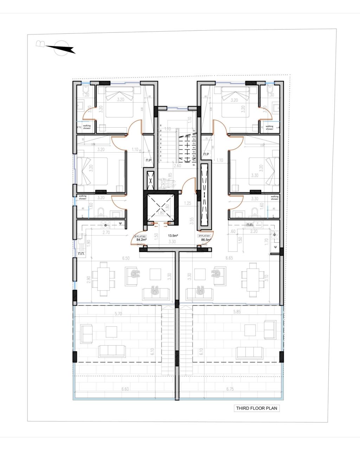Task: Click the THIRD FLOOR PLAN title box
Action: pyautogui.click(x=257, y=408)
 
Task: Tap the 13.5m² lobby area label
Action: pyautogui.click(x=172, y=236)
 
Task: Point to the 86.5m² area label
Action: pyautogui.click(x=206, y=240)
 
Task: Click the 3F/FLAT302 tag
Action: pyautogui.click(x=140, y=236)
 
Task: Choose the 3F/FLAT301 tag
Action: pyautogui.click(x=204, y=236)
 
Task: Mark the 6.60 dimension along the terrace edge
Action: pyautogui.click(x=126, y=389)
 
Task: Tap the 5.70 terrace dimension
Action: pyautogui.click(x=118, y=314)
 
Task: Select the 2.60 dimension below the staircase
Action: pyautogui.click(x=178, y=166)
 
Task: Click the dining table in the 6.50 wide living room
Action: pyautogui.click(x=103, y=279)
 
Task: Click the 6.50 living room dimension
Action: pyautogui.click(x=126, y=258)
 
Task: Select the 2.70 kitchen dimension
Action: pyautogui.click(x=106, y=232)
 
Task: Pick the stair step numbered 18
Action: pyautogui.click(x=194, y=164)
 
